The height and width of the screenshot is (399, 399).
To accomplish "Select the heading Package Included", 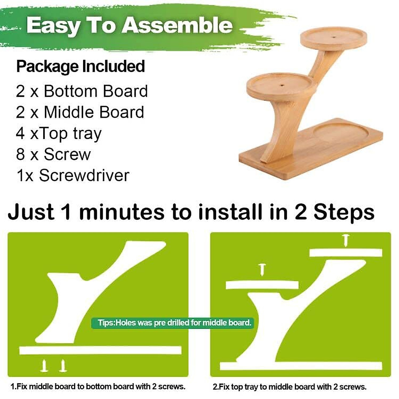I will tap(80, 66).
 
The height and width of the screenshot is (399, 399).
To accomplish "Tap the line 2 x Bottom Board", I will tap(82, 91).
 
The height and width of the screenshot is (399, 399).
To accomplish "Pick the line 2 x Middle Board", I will tap(80, 112).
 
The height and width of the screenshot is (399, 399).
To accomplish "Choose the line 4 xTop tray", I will tap(59, 133).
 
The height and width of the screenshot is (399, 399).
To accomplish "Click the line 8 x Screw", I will tap(53, 154).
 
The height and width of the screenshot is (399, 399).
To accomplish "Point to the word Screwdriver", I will tap(84, 175).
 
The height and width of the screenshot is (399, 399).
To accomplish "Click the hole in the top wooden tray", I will tap(334, 36).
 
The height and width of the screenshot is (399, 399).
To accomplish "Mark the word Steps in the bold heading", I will tap(344, 212).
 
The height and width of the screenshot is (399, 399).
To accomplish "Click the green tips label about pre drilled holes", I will tap(173, 323).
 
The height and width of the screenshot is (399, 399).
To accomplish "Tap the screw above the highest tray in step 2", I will tap(346, 240).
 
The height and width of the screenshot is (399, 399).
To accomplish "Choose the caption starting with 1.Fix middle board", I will tap(98, 387).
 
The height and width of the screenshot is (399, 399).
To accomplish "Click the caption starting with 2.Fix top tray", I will tap(290, 387).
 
